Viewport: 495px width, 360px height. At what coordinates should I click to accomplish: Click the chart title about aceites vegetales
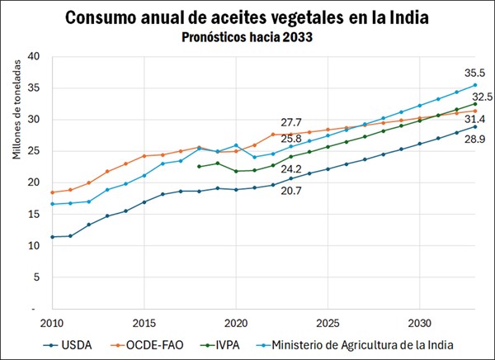pos(247,17)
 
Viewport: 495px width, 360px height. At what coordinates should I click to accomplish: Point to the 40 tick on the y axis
pos(34,56)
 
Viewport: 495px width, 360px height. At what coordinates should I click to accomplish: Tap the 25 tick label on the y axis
pos(34,151)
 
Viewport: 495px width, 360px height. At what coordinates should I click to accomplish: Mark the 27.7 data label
pos(291,122)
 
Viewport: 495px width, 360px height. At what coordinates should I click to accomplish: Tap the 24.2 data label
pos(291,169)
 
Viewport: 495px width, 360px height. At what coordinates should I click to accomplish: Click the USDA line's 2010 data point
pos(52,237)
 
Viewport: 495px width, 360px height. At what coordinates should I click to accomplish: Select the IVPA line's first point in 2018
pos(199,167)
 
